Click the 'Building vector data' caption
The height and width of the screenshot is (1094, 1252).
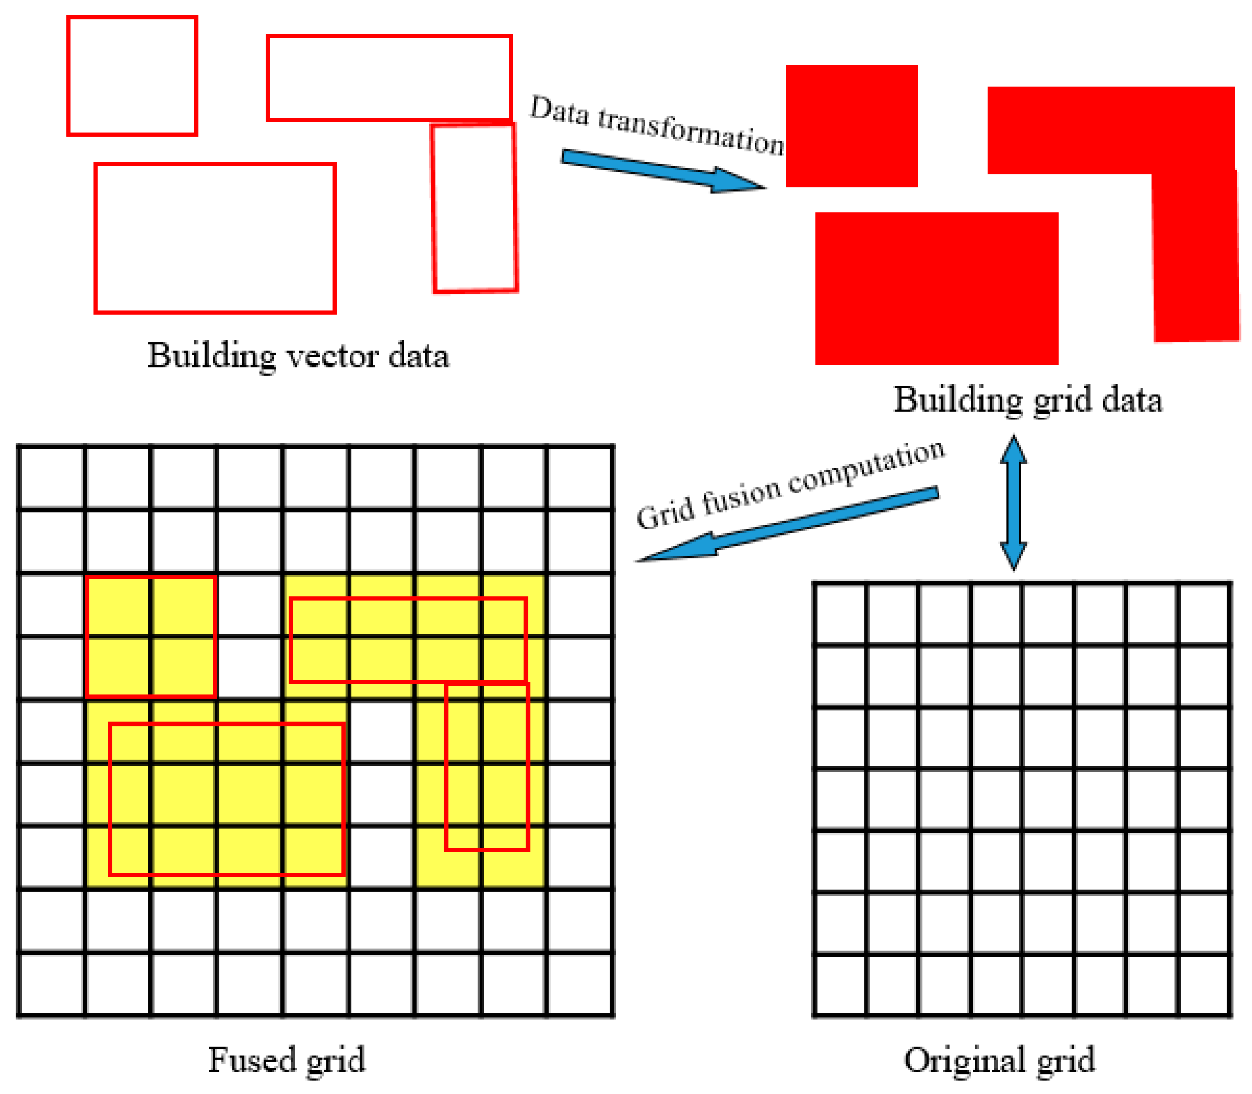point(298,356)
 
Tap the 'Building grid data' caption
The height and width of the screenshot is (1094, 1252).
point(1028,400)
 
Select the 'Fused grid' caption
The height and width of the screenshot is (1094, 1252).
point(286,1060)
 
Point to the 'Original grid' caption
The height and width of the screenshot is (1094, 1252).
point(999,1060)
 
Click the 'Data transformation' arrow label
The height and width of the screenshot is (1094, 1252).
point(657,125)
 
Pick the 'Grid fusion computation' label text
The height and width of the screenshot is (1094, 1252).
point(790,486)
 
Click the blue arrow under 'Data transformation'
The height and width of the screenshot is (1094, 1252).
point(661,170)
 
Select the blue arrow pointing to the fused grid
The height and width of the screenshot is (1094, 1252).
point(786,526)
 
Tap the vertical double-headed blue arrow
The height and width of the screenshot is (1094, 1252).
point(1013,502)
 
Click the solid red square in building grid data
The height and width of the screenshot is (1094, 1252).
point(852,126)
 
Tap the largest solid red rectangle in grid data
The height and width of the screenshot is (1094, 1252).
point(937,288)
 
